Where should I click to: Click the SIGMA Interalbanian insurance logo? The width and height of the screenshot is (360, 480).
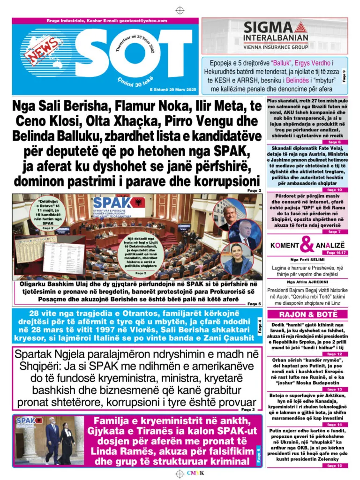coord(275,33)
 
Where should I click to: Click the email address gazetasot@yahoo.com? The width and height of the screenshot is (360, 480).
coord(144,21)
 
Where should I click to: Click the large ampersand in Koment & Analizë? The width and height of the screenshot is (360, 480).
coord(307,244)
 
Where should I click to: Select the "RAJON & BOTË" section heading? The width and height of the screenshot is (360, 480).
coord(307,314)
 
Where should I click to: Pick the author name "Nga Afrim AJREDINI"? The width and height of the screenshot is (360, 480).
coord(307,282)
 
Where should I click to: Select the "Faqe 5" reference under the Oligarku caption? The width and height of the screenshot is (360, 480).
coord(253,304)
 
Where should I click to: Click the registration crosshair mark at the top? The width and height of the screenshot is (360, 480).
coord(180,10)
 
